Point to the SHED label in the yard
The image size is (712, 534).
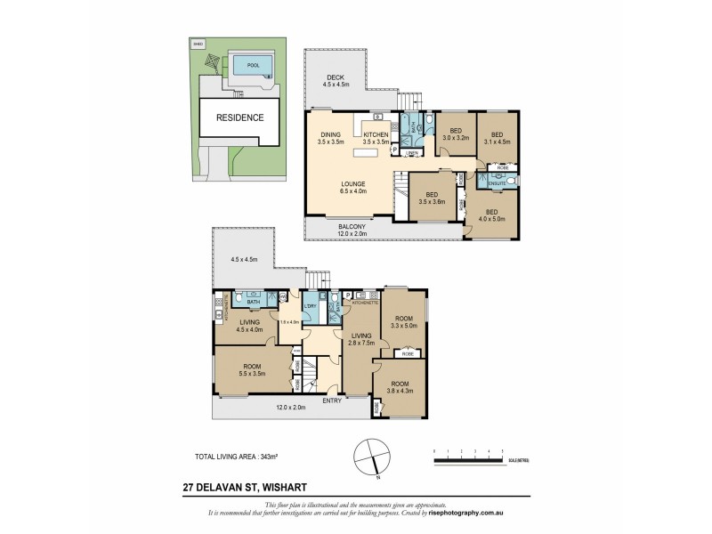click(x=198, y=43)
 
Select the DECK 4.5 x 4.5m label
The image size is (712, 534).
click(x=335, y=81)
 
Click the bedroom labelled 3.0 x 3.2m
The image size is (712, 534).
click(x=456, y=134)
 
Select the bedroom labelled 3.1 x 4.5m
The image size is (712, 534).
click(x=497, y=134)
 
